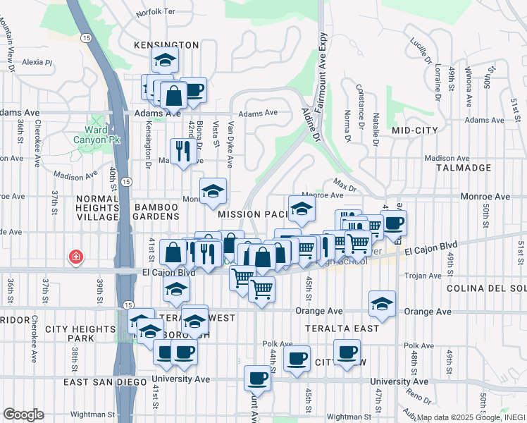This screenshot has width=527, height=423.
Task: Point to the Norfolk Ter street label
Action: click(x=155, y=12)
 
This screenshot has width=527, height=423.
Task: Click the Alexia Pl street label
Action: click(x=37, y=62)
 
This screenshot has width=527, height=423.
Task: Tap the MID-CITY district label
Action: click(x=415, y=130)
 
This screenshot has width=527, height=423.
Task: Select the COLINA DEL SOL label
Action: click(x=486, y=288)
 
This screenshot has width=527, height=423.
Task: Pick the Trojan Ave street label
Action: click(x=425, y=276)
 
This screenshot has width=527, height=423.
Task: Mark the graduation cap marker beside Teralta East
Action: click(x=382, y=303)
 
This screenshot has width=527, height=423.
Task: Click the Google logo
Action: click(x=23, y=414)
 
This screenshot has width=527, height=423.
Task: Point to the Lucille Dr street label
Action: click(x=421, y=47)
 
